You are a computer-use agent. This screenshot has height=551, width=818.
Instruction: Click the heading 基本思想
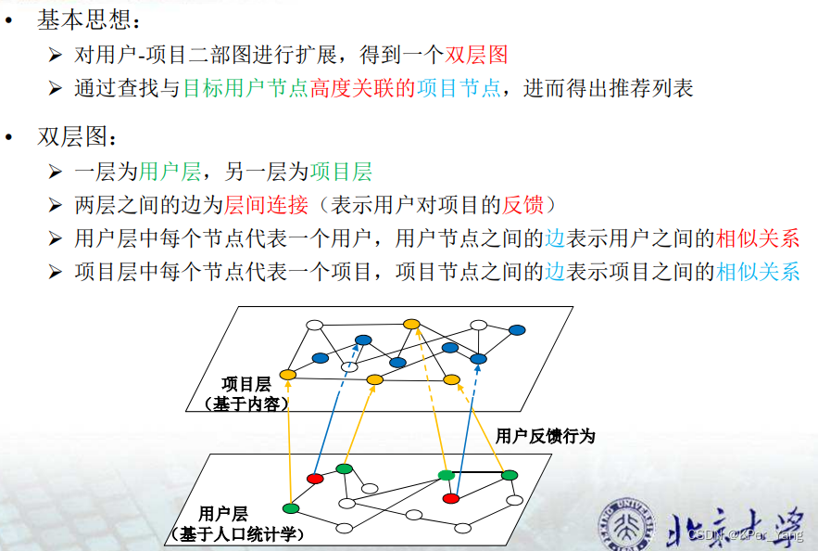coord(83,19)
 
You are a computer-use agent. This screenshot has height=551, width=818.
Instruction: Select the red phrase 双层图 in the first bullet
coord(476,55)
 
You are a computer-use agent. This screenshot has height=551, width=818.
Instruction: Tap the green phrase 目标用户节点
coord(245,88)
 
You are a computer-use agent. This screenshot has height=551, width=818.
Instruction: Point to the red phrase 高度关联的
coord(362,88)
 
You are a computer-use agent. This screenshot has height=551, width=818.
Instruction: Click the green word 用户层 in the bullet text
coord(170,172)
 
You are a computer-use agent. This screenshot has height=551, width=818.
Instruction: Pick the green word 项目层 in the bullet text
coord(341,172)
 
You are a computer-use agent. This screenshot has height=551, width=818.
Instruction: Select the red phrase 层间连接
coord(266,205)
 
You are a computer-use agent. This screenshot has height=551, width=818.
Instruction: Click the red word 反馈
coord(522,205)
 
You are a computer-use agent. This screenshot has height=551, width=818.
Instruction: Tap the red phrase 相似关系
coord(758,238)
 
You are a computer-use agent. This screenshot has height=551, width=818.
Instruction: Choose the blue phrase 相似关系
coord(758,272)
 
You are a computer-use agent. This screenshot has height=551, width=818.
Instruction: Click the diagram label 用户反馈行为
coord(545,436)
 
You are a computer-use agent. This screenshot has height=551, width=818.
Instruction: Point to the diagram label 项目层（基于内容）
coord(246,394)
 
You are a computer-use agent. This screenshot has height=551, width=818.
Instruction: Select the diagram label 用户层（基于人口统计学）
coord(237,524)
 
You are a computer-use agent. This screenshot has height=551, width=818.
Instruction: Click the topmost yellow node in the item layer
coord(411,325)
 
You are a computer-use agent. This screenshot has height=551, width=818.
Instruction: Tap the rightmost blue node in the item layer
coord(517,330)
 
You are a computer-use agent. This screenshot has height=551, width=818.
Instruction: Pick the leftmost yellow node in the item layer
coord(288,375)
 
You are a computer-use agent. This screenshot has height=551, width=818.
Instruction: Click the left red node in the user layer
coord(315,479)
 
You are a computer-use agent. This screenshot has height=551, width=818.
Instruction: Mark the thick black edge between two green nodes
coord(477,473)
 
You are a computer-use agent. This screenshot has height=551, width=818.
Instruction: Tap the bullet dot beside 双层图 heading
coord(8,137)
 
